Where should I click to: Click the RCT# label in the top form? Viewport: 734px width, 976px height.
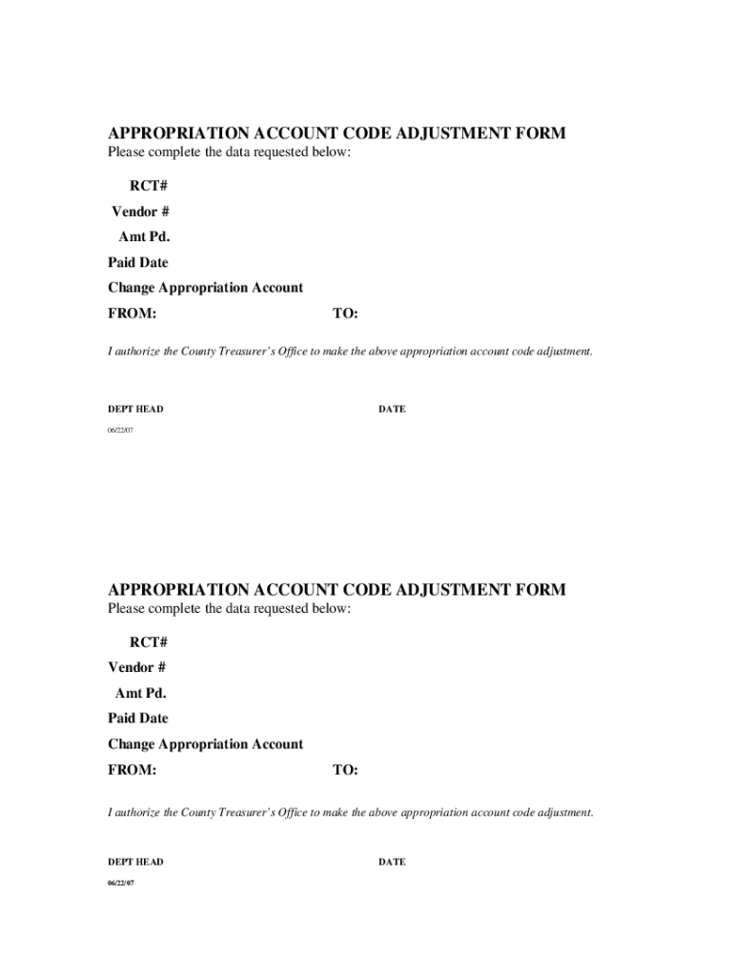tap(149, 185)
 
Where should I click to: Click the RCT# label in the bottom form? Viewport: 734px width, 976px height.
tap(149, 641)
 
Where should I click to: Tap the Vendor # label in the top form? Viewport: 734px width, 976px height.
tap(140, 211)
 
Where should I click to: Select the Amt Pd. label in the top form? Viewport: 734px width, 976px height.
tap(144, 236)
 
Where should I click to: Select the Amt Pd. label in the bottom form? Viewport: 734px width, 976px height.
tap(140, 693)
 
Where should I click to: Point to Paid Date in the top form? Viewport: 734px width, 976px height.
tap(137, 262)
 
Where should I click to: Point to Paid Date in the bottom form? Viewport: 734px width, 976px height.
tap(137, 718)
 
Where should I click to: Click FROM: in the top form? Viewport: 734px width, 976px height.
tap(132, 314)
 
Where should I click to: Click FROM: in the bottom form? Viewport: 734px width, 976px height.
tap(132, 770)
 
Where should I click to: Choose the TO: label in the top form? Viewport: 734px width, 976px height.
tap(345, 314)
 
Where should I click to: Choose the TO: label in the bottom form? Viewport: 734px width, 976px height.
tap(345, 770)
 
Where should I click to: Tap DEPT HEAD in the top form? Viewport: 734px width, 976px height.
tap(135, 409)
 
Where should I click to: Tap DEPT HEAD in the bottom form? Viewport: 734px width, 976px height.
tap(135, 862)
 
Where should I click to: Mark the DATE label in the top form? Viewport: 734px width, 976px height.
tap(392, 409)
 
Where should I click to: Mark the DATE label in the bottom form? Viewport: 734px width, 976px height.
tap(392, 862)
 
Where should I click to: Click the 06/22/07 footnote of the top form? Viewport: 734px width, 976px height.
tap(121, 431)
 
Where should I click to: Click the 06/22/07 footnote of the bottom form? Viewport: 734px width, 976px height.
tap(121, 884)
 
